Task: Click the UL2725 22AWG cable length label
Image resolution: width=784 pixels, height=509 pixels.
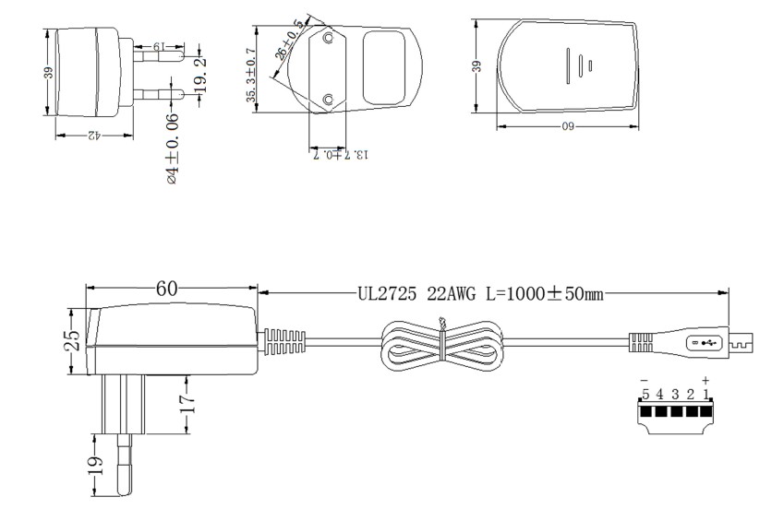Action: coord(480,294)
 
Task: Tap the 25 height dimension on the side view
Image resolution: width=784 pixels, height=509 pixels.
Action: coord(74,340)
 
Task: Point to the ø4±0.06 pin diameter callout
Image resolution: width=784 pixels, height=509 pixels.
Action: coord(173,148)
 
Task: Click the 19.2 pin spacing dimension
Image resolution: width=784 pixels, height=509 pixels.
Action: coord(200,76)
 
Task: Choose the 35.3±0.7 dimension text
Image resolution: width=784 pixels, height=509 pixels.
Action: coord(251,75)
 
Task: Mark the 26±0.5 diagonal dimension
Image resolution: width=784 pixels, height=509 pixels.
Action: coord(290,40)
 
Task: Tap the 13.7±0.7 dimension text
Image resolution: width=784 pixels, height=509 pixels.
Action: coord(341,154)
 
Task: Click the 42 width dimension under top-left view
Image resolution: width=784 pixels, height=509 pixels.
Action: coord(94,135)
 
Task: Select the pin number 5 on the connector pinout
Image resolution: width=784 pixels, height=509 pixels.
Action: coord(645,395)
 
